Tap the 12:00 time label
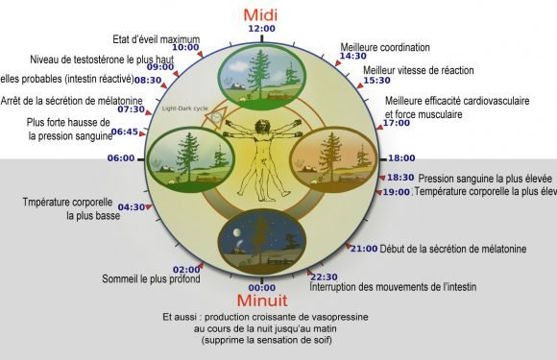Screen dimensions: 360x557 coord(261,29)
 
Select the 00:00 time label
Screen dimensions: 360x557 coord(261,288)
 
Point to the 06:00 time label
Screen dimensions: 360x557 coord(121,158)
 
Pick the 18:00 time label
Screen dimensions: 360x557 coord(401,158)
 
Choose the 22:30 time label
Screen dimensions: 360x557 coord(326,276)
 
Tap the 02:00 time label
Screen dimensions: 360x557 coord(186,270)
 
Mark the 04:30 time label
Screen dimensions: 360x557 coord(132,206)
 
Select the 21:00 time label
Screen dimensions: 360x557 coord(364,250)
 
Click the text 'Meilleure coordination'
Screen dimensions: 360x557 coord(385,46)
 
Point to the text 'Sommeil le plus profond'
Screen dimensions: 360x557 coord(151,279)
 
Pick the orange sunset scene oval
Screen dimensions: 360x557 coord(331,156)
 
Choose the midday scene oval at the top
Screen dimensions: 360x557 coord(261,74)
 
